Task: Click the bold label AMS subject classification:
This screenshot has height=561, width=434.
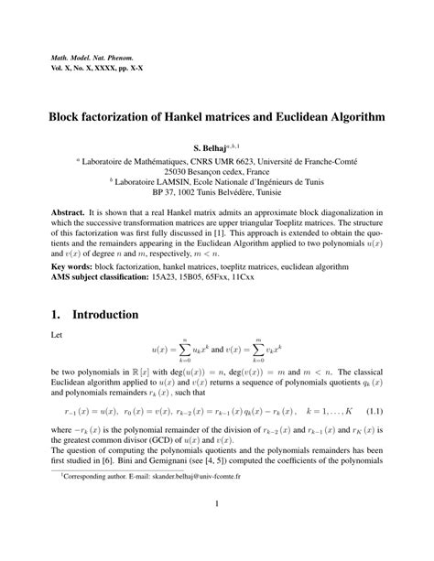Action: (x=111, y=277)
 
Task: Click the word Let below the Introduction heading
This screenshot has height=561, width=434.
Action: (x=58, y=337)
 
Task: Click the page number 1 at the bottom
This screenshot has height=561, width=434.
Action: (x=217, y=531)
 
